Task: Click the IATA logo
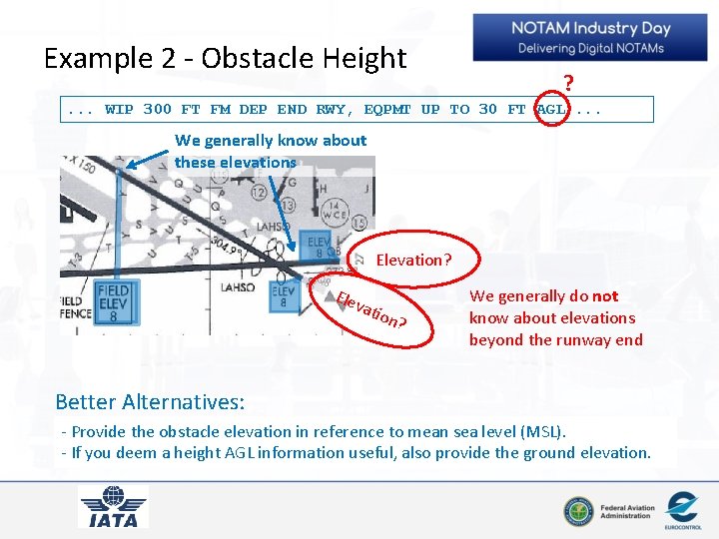point(113,505)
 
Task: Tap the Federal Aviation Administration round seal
point(577,511)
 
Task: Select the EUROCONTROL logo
point(682,509)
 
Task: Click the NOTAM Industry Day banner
point(590,38)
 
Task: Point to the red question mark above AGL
point(568,83)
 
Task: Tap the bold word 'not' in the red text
point(605,296)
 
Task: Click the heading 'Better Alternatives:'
point(150,401)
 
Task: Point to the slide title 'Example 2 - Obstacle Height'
point(225,58)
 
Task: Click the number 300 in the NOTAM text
point(157,109)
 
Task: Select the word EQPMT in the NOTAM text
point(387,109)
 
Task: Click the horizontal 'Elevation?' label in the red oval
point(413,261)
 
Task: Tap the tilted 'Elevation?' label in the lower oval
point(369,308)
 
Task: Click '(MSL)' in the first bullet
point(543,431)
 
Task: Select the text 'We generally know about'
point(271,141)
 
